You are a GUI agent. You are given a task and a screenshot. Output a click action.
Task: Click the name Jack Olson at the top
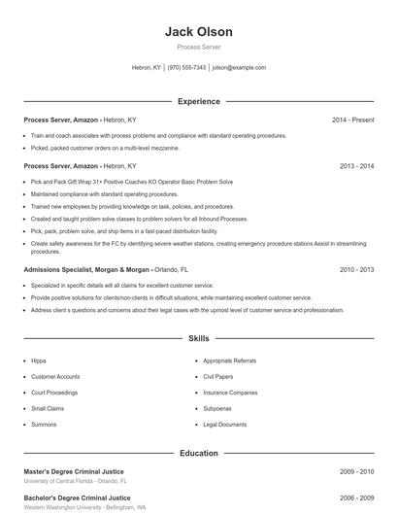point(199,32)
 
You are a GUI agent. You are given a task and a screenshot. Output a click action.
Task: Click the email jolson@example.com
point(239,68)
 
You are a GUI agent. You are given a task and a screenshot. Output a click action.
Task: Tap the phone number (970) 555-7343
point(186,68)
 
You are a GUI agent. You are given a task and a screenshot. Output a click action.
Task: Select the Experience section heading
point(199,101)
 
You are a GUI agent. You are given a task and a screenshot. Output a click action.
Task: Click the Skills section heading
point(199,339)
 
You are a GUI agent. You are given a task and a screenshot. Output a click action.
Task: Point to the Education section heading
point(199,453)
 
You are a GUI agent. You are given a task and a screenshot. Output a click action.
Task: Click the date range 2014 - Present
point(352,120)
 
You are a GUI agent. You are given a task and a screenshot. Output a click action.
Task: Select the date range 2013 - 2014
point(356,166)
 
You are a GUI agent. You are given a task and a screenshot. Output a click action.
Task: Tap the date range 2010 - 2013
point(356,268)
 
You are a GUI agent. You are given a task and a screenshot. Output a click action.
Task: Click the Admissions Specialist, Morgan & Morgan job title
point(87,268)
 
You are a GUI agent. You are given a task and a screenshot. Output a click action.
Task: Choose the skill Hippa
point(39,360)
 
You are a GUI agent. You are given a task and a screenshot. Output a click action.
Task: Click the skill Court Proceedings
point(54,393)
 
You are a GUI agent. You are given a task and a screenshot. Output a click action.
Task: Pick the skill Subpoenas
point(218,408)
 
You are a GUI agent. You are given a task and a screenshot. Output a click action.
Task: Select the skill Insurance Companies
point(230,393)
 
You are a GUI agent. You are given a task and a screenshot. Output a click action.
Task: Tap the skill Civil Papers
point(219,376)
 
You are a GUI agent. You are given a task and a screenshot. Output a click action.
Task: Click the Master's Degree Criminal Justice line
point(74,471)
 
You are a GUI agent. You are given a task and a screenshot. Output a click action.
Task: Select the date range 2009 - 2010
point(356,471)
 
